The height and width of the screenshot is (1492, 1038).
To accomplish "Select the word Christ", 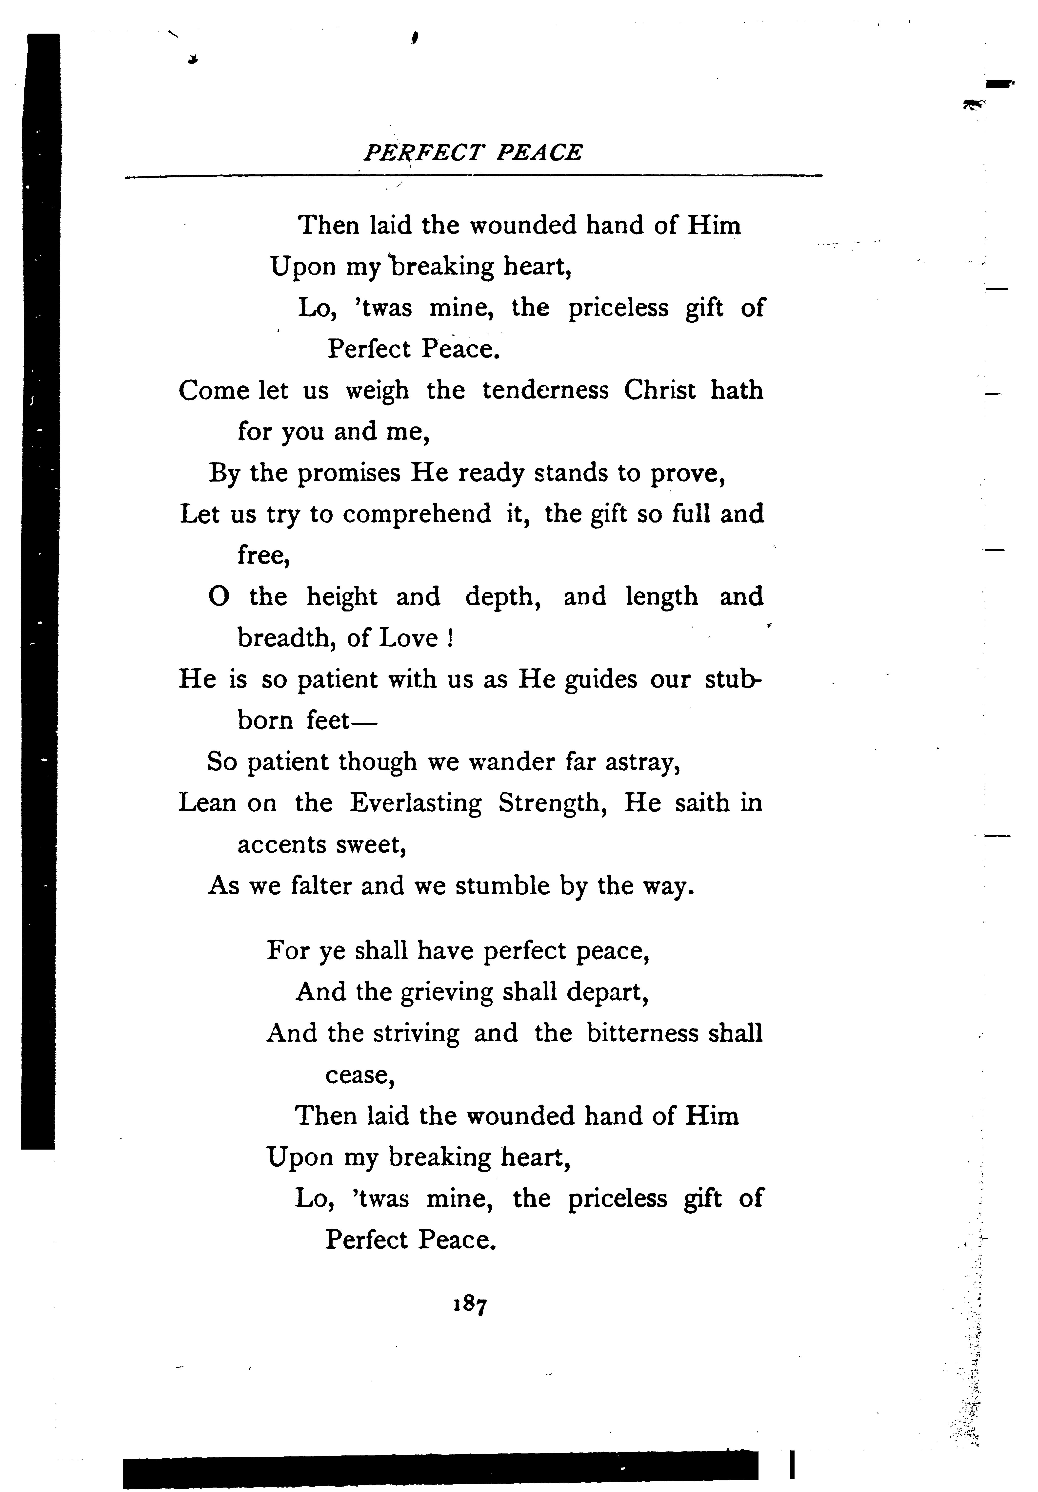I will click(x=659, y=391).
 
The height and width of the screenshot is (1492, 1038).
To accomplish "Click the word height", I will click(x=342, y=597).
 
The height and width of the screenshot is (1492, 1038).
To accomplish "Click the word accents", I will click(x=281, y=845).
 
